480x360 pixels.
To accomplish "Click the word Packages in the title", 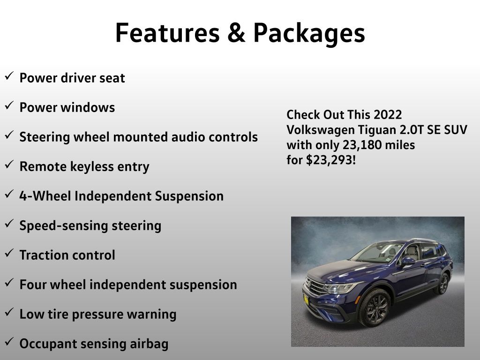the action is (x=309, y=34).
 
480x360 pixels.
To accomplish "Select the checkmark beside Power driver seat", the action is (x=9, y=76).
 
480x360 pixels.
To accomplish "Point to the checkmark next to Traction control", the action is (x=9, y=253).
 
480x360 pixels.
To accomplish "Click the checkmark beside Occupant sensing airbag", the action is (x=9, y=342).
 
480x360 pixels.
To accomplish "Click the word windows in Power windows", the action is (x=88, y=107).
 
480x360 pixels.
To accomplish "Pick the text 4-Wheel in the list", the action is (x=45, y=196).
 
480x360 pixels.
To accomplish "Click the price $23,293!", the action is (x=331, y=160).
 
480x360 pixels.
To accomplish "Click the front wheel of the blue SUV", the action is (x=375, y=307).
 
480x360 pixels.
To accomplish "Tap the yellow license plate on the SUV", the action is (x=306, y=299).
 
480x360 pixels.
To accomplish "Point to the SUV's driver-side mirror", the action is (x=408, y=261).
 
